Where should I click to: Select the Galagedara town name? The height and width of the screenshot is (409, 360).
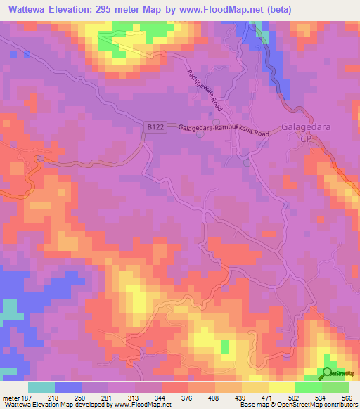tap(305, 128)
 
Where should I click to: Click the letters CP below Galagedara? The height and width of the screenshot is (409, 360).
tap(305, 140)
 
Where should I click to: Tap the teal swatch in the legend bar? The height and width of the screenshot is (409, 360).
tap(41, 387)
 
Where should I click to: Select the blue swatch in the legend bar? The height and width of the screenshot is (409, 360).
tap(67, 387)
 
